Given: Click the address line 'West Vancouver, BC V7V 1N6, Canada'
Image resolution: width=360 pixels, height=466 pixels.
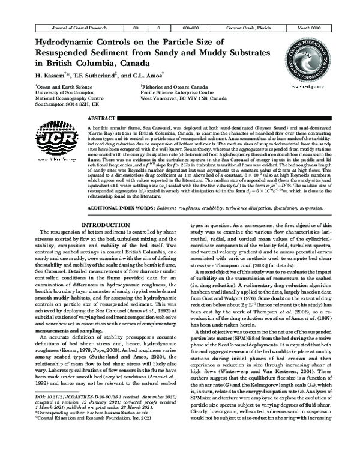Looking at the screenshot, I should coord(183,99).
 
